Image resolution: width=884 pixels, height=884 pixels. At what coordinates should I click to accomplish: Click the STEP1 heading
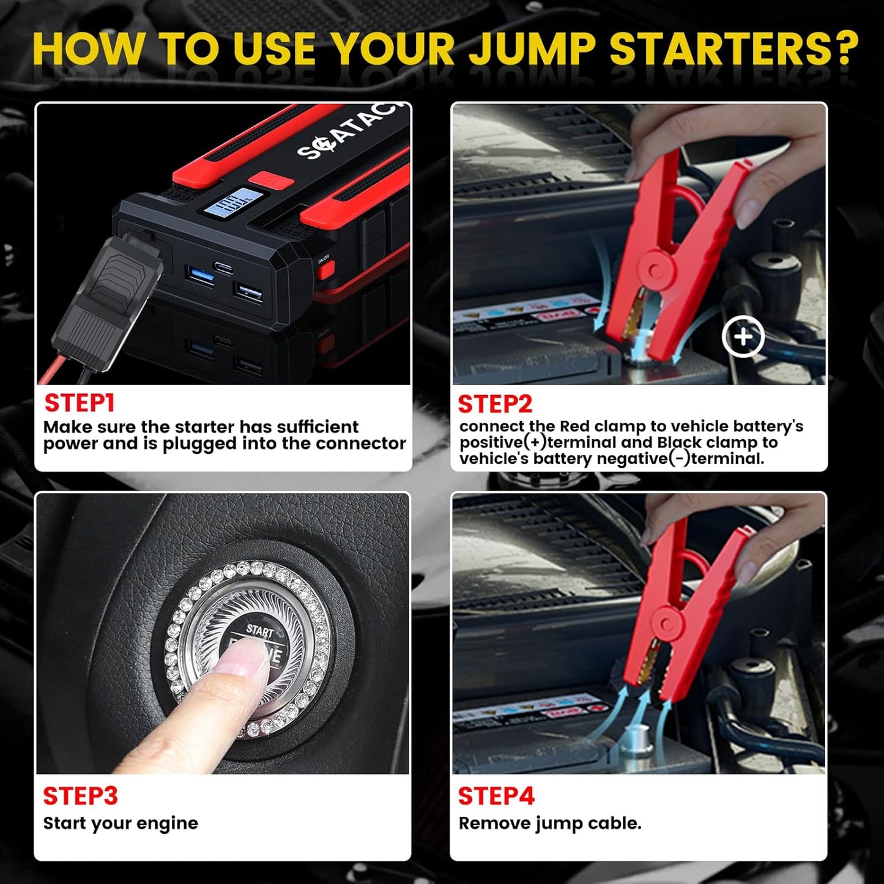point(80,403)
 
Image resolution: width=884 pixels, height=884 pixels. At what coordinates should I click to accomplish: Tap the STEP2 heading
point(495,404)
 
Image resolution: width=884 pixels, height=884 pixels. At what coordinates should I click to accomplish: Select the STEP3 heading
point(80,796)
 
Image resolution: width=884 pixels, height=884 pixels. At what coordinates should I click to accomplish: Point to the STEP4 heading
point(496,796)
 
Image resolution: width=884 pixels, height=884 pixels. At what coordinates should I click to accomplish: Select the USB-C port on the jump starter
point(223,267)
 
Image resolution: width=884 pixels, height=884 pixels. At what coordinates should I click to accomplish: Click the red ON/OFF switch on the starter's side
point(324,269)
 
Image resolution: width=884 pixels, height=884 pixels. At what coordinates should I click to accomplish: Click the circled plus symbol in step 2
point(743,336)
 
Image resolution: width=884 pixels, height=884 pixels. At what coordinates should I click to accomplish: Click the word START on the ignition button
point(259,630)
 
